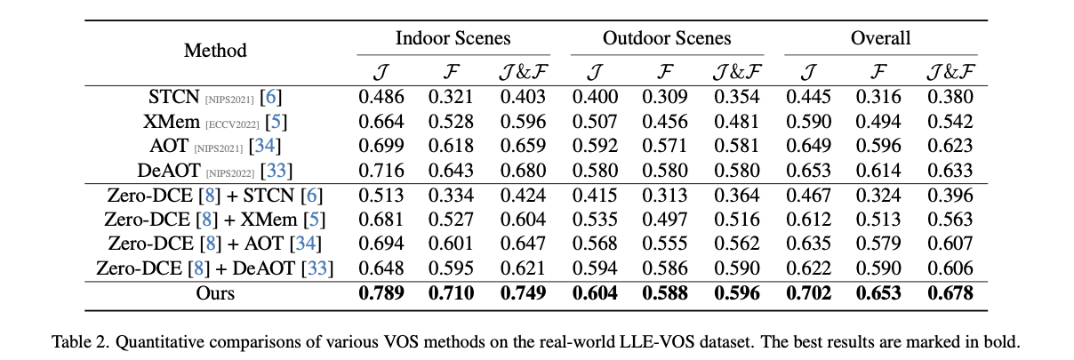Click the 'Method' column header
coord(215,51)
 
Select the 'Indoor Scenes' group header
coord(453,38)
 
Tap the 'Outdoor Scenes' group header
coord(667,38)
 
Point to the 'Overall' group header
coord(880,38)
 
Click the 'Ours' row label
coord(215,293)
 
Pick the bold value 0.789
coord(381,293)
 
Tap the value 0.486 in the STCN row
coord(381,98)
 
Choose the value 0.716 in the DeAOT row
coord(381,170)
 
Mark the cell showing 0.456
coord(666,122)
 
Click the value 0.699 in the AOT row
coord(381,146)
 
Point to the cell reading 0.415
coord(594,195)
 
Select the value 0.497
coord(666,219)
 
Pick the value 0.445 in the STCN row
coord(808,98)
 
